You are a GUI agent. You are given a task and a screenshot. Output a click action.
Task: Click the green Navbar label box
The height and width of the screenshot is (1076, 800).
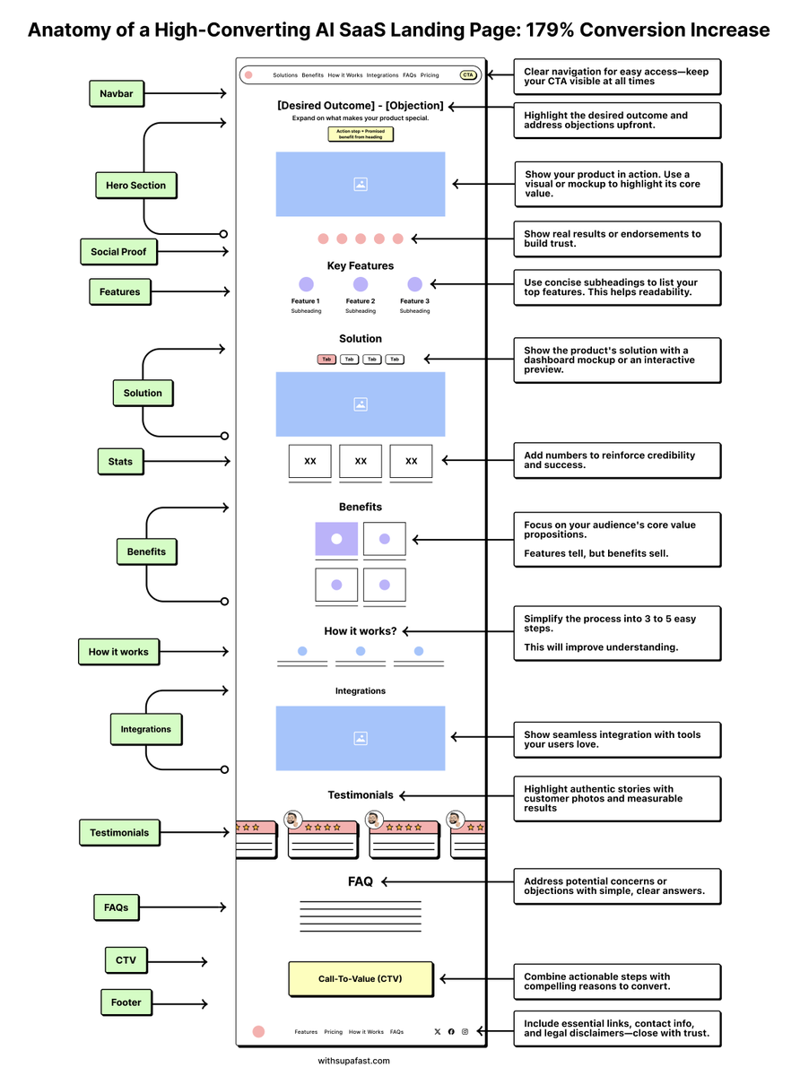pyautogui.click(x=117, y=93)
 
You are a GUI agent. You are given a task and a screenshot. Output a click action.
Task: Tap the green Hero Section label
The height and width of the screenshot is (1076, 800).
pyautogui.click(x=135, y=186)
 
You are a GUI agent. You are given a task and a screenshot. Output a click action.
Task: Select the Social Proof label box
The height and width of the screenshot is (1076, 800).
pyautogui.click(x=117, y=252)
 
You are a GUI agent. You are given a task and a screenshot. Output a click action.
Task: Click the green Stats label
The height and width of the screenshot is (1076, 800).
pyautogui.click(x=120, y=462)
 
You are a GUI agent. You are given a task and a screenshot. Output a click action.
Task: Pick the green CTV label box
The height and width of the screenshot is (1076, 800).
pyautogui.click(x=126, y=960)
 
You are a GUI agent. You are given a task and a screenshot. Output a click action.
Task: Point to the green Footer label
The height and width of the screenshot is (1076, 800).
pyautogui.click(x=126, y=1002)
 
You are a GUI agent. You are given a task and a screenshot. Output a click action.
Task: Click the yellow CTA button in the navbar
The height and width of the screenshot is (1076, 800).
pyautogui.click(x=467, y=75)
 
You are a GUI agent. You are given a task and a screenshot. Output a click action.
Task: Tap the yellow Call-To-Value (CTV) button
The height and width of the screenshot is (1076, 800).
pyautogui.click(x=361, y=979)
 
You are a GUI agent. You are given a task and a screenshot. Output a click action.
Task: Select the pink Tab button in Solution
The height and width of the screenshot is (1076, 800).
pyautogui.click(x=326, y=360)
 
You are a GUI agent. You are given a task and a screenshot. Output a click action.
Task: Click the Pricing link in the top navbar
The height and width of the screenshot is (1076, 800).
pyautogui.click(x=430, y=75)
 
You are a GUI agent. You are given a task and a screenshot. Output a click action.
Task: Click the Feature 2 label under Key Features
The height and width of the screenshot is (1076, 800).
pyautogui.click(x=360, y=301)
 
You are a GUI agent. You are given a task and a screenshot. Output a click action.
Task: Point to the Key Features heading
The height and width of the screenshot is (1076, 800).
pyautogui.click(x=360, y=265)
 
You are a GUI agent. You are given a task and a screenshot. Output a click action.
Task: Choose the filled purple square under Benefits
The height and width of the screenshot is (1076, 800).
pyautogui.click(x=336, y=539)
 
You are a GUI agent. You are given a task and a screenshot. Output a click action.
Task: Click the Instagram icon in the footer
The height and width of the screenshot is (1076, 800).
pyautogui.click(x=465, y=1032)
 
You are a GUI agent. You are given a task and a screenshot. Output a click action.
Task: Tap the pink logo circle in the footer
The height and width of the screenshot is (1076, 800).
pyautogui.click(x=258, y=1032)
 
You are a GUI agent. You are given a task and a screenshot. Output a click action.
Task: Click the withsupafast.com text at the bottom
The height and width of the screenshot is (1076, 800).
pyautogui.click(x=353, y=1061)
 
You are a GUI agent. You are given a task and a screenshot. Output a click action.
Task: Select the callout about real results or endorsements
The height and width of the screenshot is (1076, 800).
pyautogui.click(x=616, y=239)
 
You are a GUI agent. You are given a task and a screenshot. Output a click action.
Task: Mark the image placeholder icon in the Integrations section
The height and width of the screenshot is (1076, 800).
pyautogui.click(x=361, y=738)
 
